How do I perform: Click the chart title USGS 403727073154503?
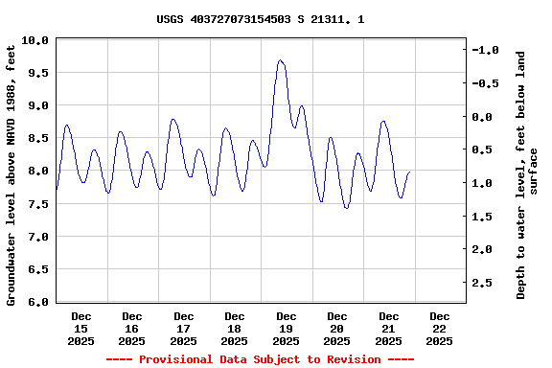[260, 19]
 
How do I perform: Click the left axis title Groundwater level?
[11, 173]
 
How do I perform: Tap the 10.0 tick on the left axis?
[34, 40]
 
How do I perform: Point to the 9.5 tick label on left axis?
[34, 73]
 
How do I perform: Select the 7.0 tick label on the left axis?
[34, 237]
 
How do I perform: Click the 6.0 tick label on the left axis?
[34, 302]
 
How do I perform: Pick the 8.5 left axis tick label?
[34, 139]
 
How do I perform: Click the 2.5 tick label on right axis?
[490, 283]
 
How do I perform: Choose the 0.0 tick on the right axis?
[490, 117]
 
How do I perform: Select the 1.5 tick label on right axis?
[490, 217]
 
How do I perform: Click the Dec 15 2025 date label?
[81, 328]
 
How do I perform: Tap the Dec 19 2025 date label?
[286, 328]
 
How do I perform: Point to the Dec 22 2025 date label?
[439, 328]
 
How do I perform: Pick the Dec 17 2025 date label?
[183, 328]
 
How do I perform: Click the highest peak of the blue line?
[281, 60]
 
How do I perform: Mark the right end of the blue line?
[409, 172]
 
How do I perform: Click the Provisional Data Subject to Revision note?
[260, 359]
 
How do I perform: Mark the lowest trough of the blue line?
[346, 208]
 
